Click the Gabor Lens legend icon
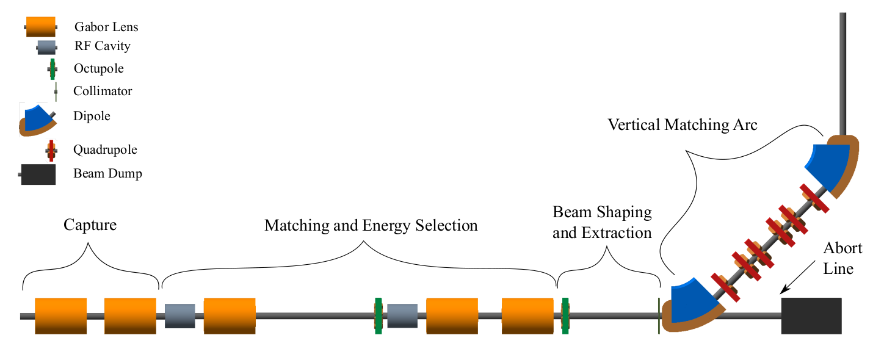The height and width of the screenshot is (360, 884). click(41, 27)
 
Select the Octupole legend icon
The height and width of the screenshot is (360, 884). click(53, 69)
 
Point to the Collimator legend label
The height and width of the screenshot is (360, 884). click(103, 91)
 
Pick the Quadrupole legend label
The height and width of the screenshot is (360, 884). click(105, 149)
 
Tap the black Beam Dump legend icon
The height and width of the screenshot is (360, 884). click(38, 175)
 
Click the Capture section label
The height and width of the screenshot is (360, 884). click(90, 225)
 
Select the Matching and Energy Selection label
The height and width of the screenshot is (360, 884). click(371, 226)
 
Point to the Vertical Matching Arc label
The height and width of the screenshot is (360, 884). click(683, 125)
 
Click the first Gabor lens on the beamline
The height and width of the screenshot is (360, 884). click(60, 316)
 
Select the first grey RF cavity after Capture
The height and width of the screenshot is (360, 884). click(179, 316)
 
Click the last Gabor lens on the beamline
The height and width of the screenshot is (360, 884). click(527, 316)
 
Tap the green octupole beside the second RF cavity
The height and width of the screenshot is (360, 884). click(379, 316)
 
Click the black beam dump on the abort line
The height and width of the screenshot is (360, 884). click(811, 316)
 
